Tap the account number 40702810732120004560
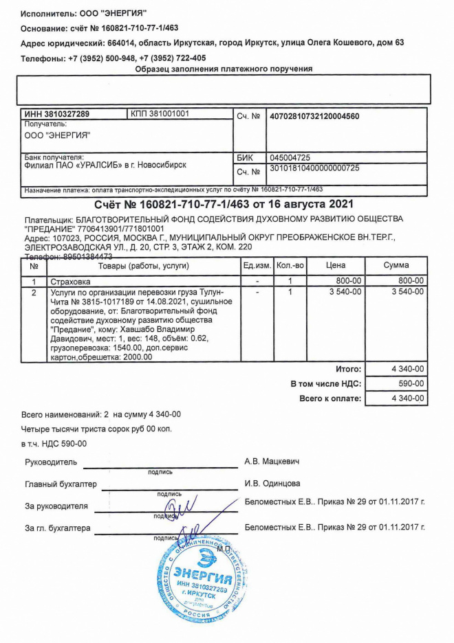(314, 116)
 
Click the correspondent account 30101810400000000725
(314, 168)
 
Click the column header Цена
(336, 265)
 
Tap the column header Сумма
(396, 265)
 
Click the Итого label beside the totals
(349, 370)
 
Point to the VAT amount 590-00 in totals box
(412, 384)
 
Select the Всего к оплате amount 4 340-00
(408, 398)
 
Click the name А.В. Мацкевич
(272, 461)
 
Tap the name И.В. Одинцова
(272, 484)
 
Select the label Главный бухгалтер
(61, 484)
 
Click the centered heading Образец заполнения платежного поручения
(224, 69)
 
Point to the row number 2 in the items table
(34, 292)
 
